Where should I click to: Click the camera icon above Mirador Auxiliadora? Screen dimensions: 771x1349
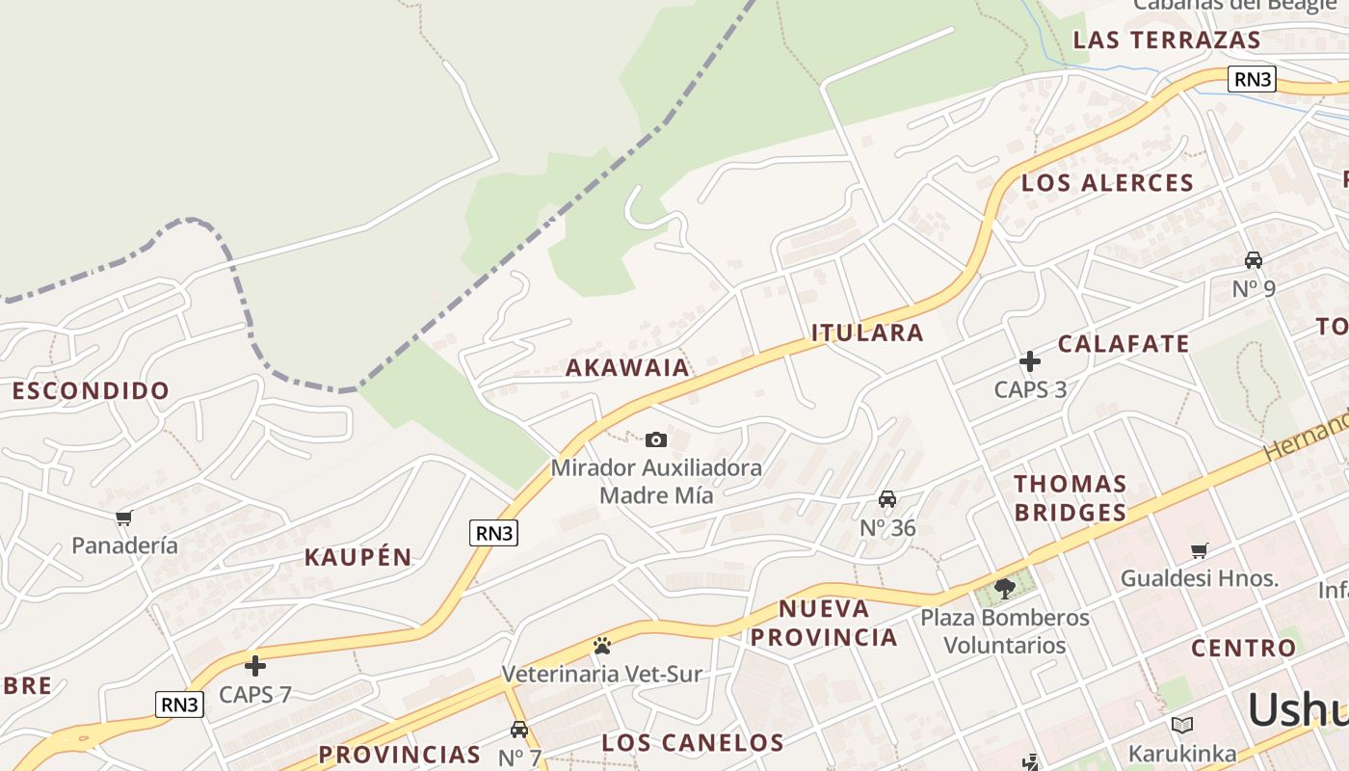point(655,440)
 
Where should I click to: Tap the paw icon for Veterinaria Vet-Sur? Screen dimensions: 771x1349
point(602,645)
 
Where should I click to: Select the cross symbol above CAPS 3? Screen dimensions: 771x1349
point(1030,361)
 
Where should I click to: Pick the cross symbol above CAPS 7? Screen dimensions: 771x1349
point(255,665)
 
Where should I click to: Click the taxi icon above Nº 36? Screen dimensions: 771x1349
point(887,499)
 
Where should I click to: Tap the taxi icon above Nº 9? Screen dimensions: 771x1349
point(1254,259)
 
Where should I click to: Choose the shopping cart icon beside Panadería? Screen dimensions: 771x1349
point(123,518)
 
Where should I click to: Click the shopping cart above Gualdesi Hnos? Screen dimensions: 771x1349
point(1199,550)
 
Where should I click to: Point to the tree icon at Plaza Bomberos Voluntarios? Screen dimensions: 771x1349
point(1005,587)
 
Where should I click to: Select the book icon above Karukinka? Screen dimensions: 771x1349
point(1182,725)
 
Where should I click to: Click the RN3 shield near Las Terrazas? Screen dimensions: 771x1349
point(1252,79)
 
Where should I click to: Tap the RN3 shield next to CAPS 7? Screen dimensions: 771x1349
point(179,705)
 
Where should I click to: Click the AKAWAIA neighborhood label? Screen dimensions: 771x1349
point(627,367)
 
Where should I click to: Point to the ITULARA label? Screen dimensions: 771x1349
point(867,333)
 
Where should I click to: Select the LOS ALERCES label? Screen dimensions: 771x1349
point(1107,183)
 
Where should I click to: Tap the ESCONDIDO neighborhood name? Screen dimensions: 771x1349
point(91,391)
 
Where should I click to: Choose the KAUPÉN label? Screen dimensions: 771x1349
point(357,557)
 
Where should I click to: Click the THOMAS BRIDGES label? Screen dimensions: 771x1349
point(1070,497)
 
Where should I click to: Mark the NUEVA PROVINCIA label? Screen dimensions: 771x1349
point(824,623)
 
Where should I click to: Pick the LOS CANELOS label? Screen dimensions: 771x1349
point(693,743)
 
